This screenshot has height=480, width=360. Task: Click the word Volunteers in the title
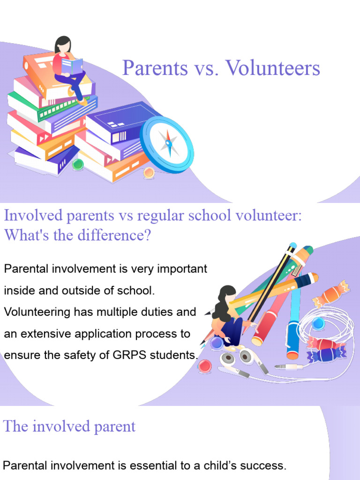pyautogui.click(x=272, y=68)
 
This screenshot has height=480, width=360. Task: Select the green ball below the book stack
pyautogui.click(x=78, y=164)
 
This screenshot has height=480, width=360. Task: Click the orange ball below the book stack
pyautogui.click(x=149, y=172)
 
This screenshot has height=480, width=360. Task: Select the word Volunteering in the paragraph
pyautogui.click(x=38, y=312)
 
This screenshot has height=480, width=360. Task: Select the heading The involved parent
pyautogui.click(x=69, y=426)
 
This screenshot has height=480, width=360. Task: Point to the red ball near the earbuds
pyautogui.click(x=204, y=365)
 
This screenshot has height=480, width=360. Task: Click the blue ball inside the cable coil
pyautogui.click(x=318, y=323)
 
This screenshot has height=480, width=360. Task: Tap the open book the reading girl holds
pyautogui.click(x=72, y=66)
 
